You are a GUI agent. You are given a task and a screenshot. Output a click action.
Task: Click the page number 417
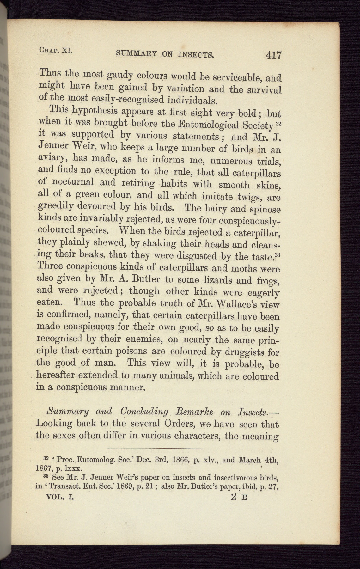[273, 55]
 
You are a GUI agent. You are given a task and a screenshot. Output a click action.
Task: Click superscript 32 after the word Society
[278, 124]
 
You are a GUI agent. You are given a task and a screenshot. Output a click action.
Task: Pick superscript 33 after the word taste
[278, 254]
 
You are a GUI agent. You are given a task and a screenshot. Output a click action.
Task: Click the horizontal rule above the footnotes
[155, 449]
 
